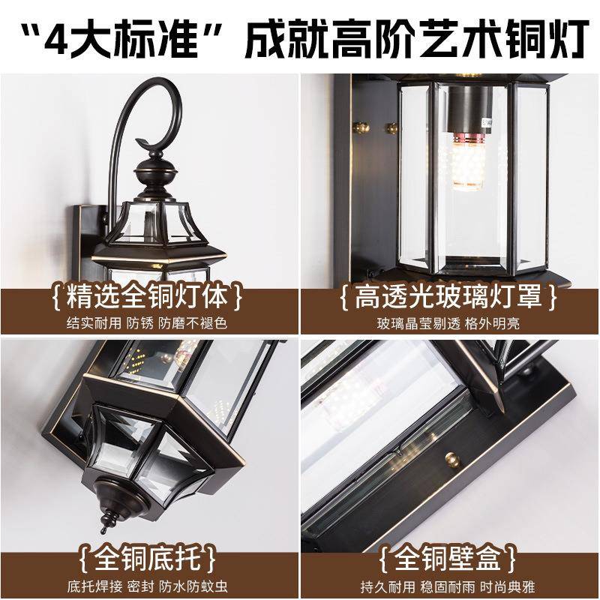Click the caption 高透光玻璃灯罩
[x=449, y=297]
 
